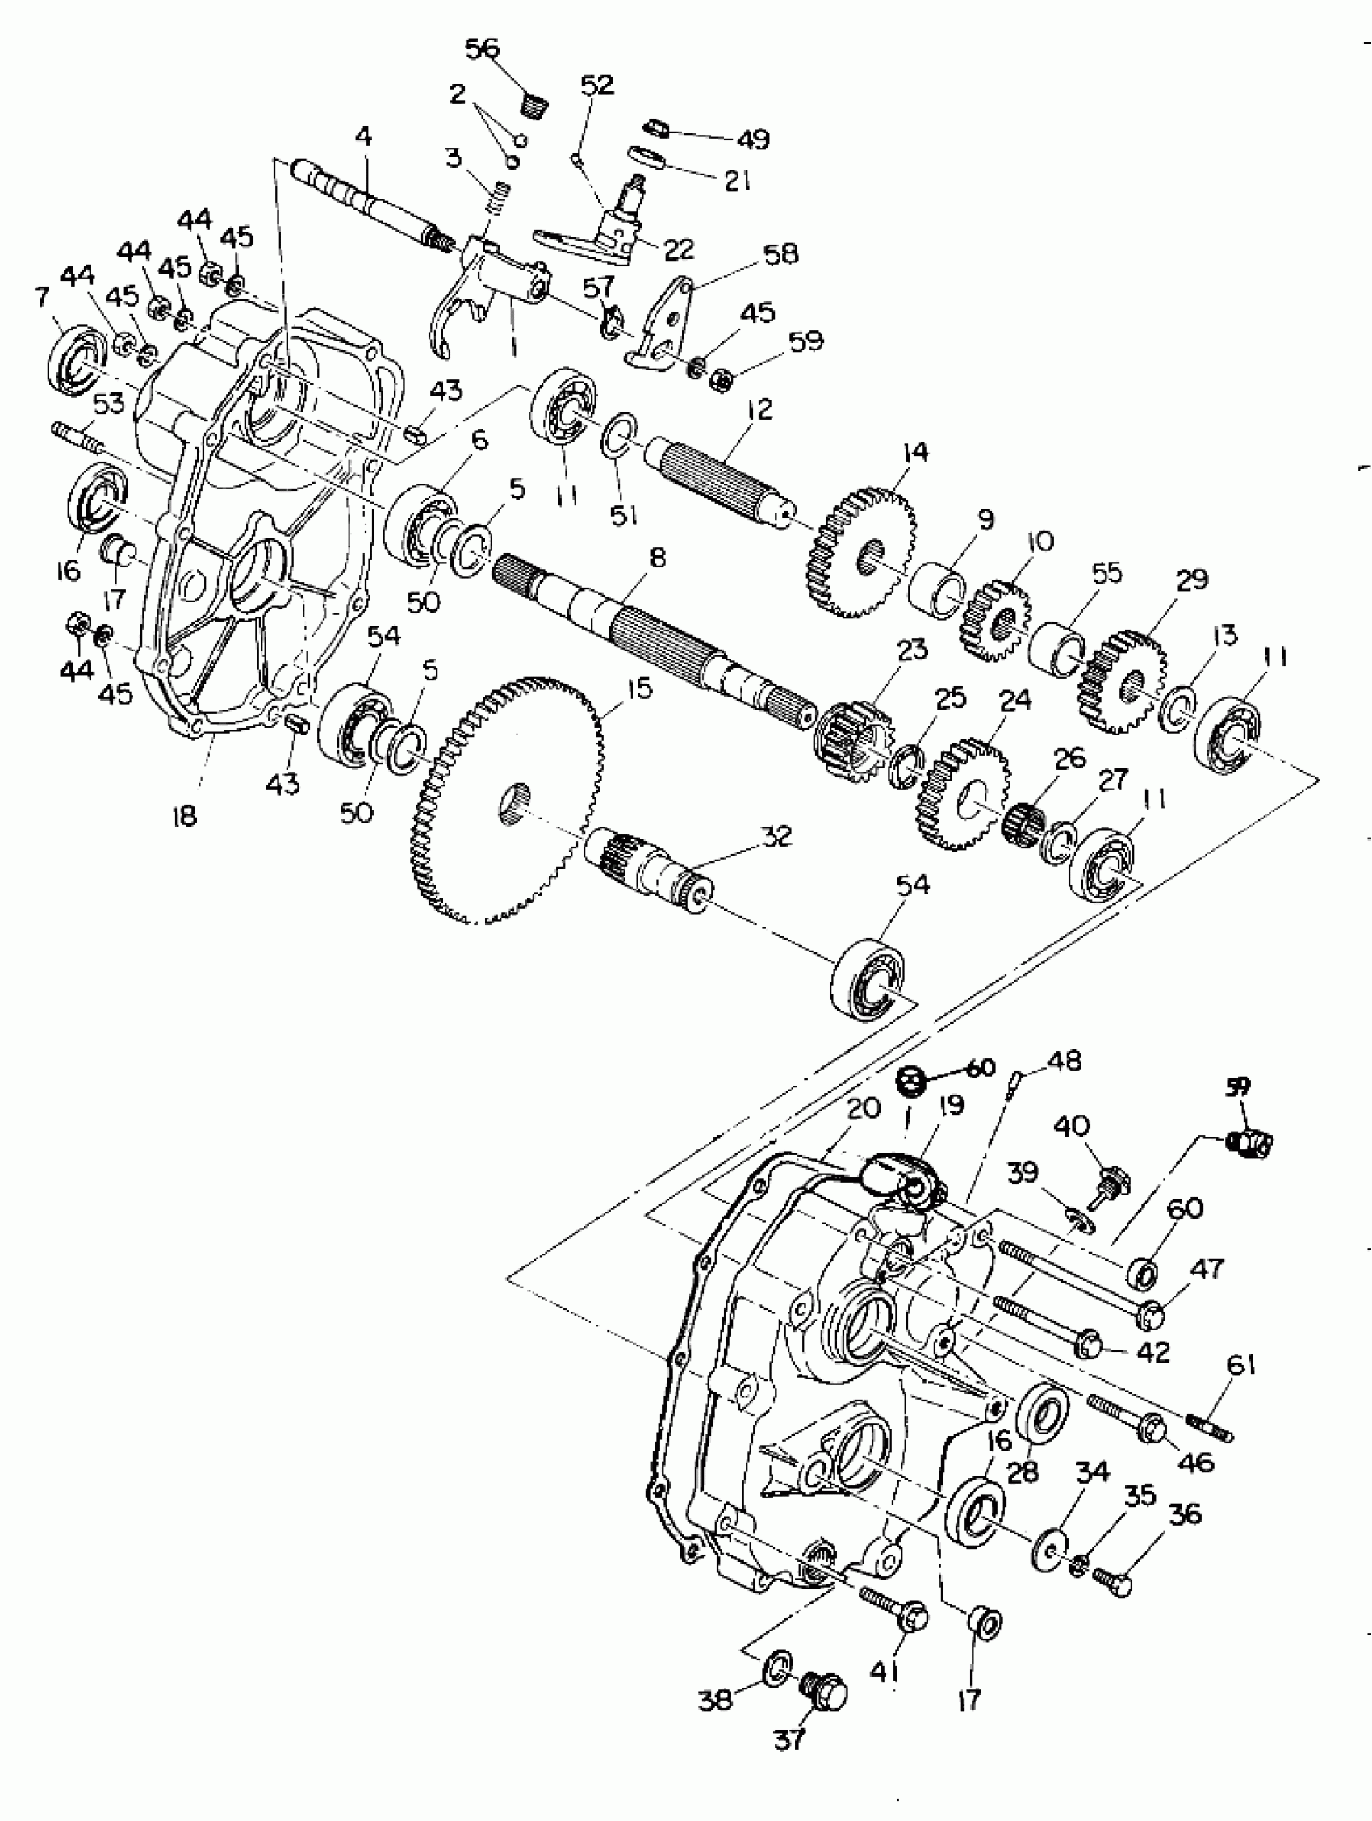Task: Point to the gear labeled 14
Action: coord(860,552)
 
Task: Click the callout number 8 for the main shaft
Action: coord(657,557)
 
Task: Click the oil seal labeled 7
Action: coord(77,359)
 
